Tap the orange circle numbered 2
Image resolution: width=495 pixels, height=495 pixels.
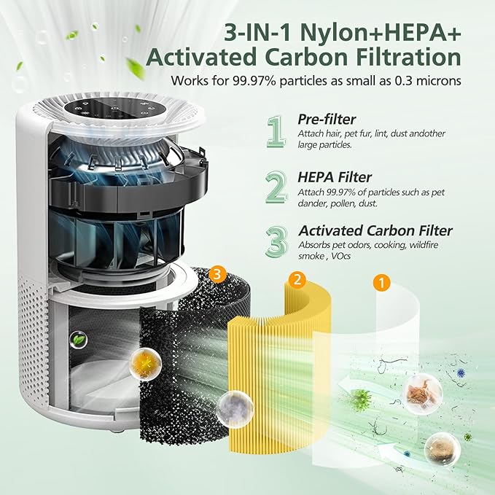point(296,279)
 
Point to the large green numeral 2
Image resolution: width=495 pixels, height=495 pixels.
point(275,187)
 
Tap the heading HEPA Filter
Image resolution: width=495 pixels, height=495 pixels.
point(335,177)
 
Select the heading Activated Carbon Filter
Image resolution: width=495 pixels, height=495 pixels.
point(375,231)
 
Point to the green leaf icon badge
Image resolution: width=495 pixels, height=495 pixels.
point(77,340)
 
